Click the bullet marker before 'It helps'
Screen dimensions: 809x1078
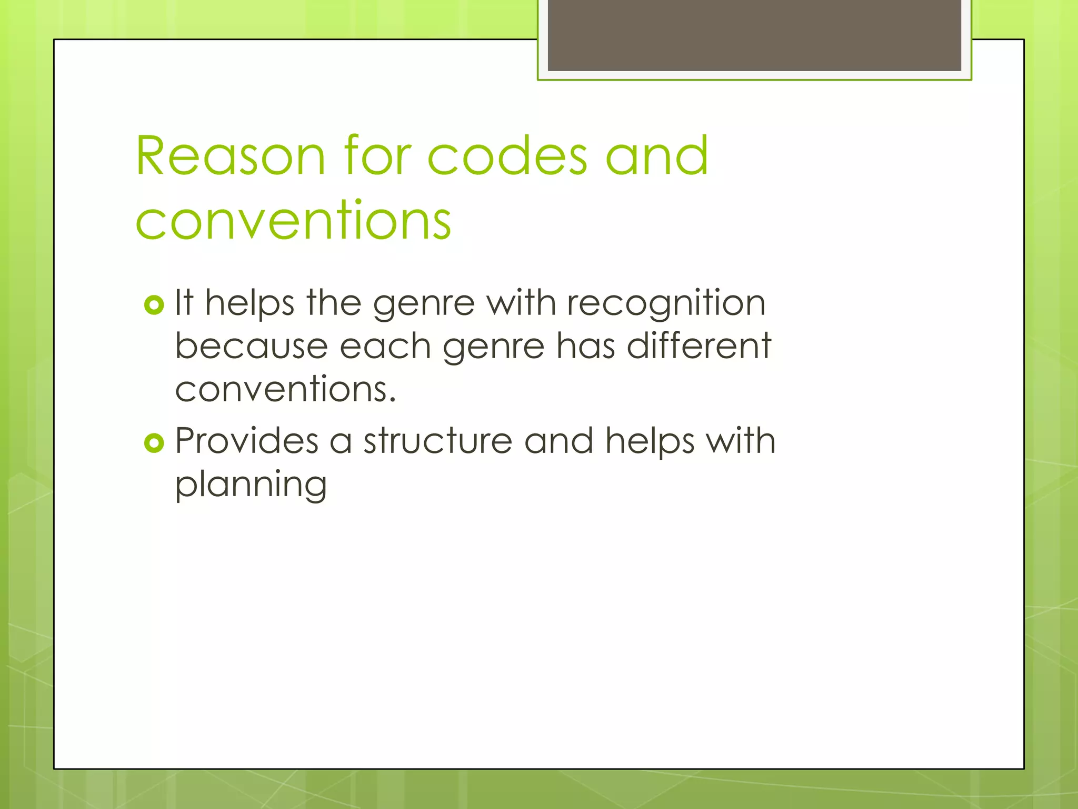tap(154, 305)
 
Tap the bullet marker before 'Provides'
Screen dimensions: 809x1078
tap(154, 443)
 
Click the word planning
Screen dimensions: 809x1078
tap(251, 485)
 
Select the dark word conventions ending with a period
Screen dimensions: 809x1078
tap(285, 389)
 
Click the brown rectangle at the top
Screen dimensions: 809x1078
tap(754, 35)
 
